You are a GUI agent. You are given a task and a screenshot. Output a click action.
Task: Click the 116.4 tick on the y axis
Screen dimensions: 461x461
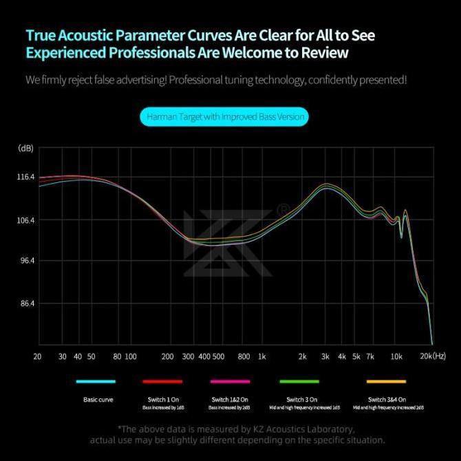[x=25, y=177]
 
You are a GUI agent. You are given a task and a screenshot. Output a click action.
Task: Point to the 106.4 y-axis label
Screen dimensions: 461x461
[x=25, y=220]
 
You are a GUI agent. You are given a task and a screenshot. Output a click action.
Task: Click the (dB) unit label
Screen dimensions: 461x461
[x=25, y=148]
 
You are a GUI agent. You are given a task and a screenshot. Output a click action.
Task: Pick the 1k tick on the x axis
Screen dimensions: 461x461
[x=261, y=356]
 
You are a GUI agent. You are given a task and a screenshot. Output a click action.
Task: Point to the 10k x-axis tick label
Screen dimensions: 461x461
[x=396, y=356]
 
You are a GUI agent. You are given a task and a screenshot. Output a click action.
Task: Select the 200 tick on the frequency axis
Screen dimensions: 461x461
[x=167, y=356]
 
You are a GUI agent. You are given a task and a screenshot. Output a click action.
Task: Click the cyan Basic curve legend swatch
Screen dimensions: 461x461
[x=96, y=381]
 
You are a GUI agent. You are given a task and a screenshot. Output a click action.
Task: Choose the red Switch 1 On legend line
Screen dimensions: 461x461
[x=162, y=381]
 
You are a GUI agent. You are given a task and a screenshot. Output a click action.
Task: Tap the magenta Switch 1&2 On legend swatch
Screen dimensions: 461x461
[x=231, y=381]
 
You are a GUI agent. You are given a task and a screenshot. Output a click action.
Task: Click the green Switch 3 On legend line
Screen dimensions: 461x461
[x=299, y=381]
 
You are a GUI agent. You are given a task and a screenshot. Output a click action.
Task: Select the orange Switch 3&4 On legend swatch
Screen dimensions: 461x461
[x=386, y=381]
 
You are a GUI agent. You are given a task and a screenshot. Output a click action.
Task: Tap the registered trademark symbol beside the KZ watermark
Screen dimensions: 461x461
[x=282, y=208]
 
